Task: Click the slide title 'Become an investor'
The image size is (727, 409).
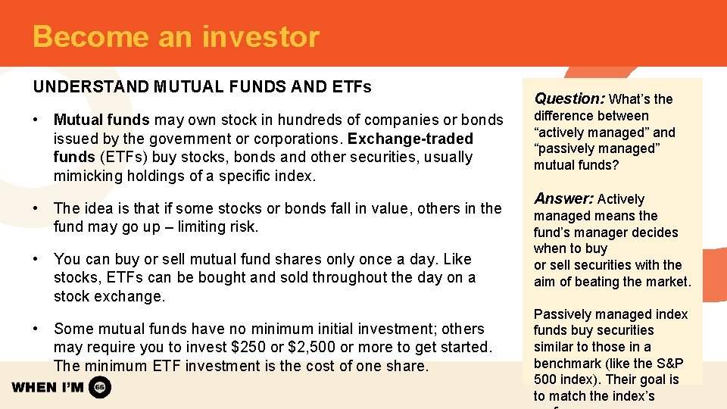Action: click(176, 36)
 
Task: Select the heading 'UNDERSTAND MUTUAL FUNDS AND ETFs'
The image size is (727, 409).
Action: click(202, 86)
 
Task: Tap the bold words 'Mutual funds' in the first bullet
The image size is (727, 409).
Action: click(102, 120)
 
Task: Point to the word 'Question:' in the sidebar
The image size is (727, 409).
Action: click(569, 98)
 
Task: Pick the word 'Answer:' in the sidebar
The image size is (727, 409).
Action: click(563, 199)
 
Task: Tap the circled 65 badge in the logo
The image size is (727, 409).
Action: click(100, 388)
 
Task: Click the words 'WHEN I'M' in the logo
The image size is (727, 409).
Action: click(48, 388)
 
